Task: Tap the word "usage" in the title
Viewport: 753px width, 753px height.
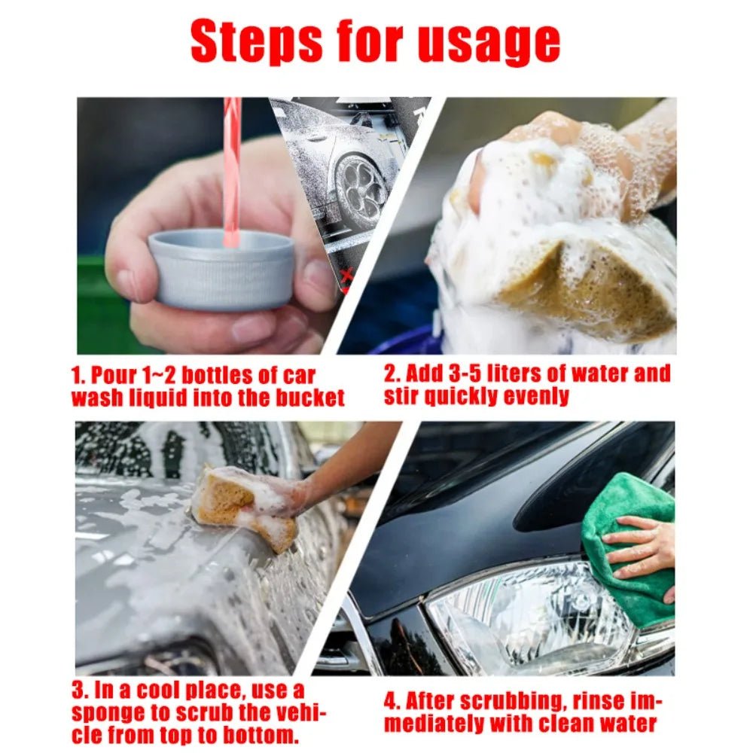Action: (x=489, y=43)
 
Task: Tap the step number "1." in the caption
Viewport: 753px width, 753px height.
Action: (x=79, y=374)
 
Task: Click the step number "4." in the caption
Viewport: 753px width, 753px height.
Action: (x=393, y=701)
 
